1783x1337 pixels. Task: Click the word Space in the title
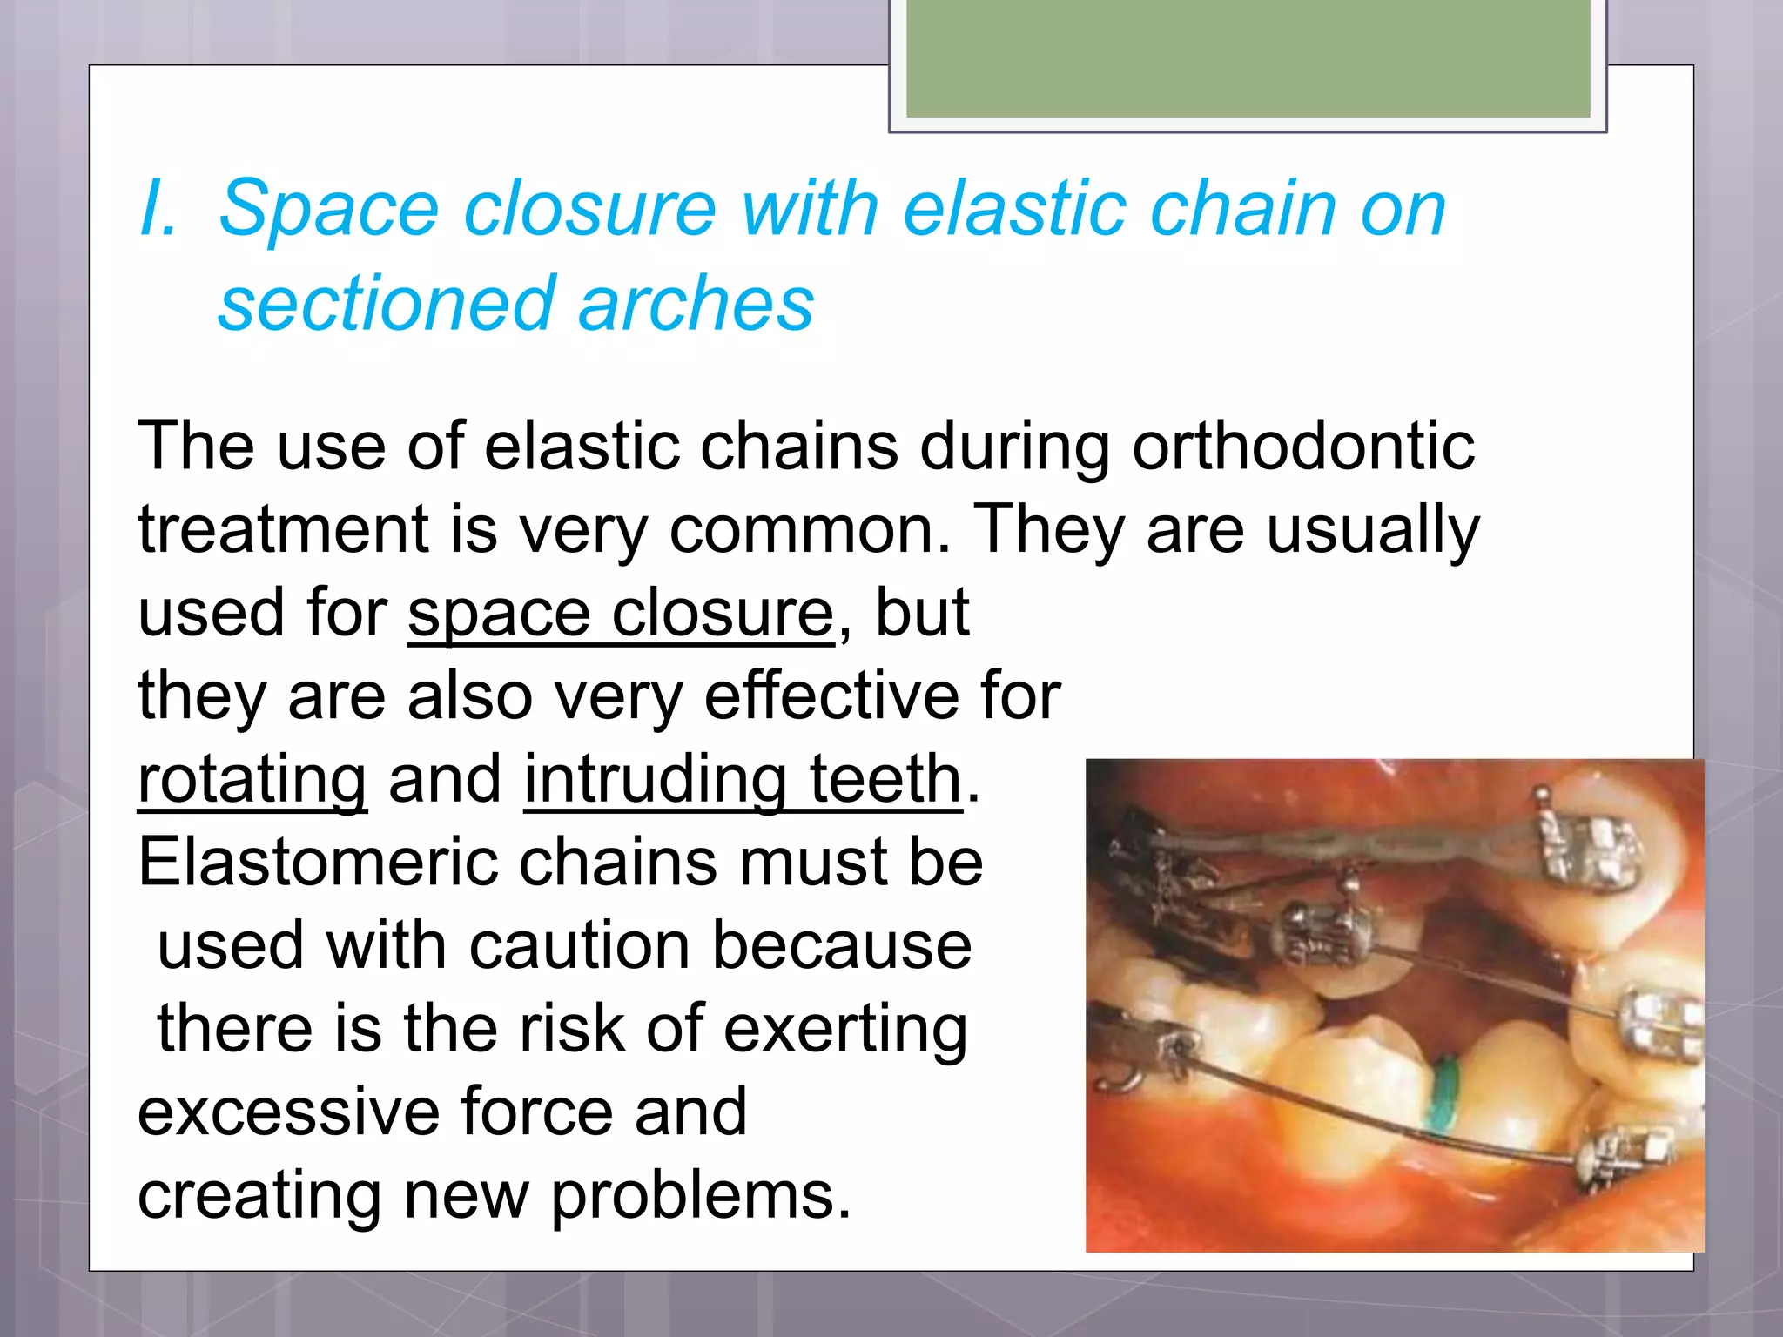pyautogui.click(x=328, y=209)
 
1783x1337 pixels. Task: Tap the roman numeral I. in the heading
pyautogui.click(x=158, y=209)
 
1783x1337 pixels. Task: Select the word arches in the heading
pyautogui.click(x=696, y=304)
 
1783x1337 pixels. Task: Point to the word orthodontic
pyautogui.click(x=1302, y=447)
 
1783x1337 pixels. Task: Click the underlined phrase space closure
pyautogui.click(x=621, y=614)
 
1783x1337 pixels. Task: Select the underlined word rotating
pyautogui.click(x=252, y=780)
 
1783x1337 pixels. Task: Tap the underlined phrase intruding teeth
pyautogui.click(x=743, y=780)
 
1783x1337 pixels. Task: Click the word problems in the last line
pyautogui.click(x=700, y=1195)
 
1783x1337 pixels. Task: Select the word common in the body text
pyautogui.click(x=809, y=530)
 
